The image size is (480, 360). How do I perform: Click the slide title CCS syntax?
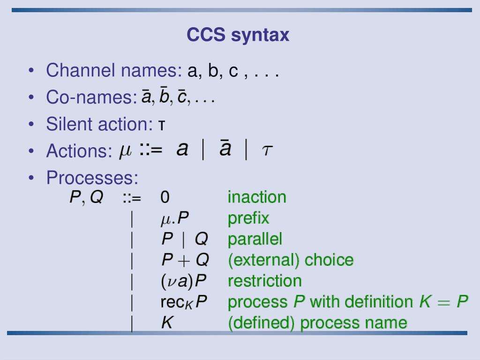[x=238, y=35]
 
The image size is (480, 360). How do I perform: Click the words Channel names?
[x=114, y=71]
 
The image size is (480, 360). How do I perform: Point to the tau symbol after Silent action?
[x=161, y=126]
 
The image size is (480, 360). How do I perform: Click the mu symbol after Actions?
[x=126, y=151]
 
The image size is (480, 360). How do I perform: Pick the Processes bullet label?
[x=92, y=178]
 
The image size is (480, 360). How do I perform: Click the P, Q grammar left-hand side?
[x=86, y=197]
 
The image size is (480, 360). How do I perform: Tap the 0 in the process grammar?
[x=165, y=197]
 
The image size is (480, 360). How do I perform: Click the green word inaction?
[x=257, y=197]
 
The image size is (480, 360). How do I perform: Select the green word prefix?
[x=248, y=218]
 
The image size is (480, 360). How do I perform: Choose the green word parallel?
[x=255, y=240]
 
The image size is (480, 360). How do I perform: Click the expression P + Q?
[x=185, y=260]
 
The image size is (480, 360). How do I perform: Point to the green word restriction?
[x=265, y=281]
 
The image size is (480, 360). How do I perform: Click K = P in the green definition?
[x=443, y=302]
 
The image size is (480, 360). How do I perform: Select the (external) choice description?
[x=291, y=260]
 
